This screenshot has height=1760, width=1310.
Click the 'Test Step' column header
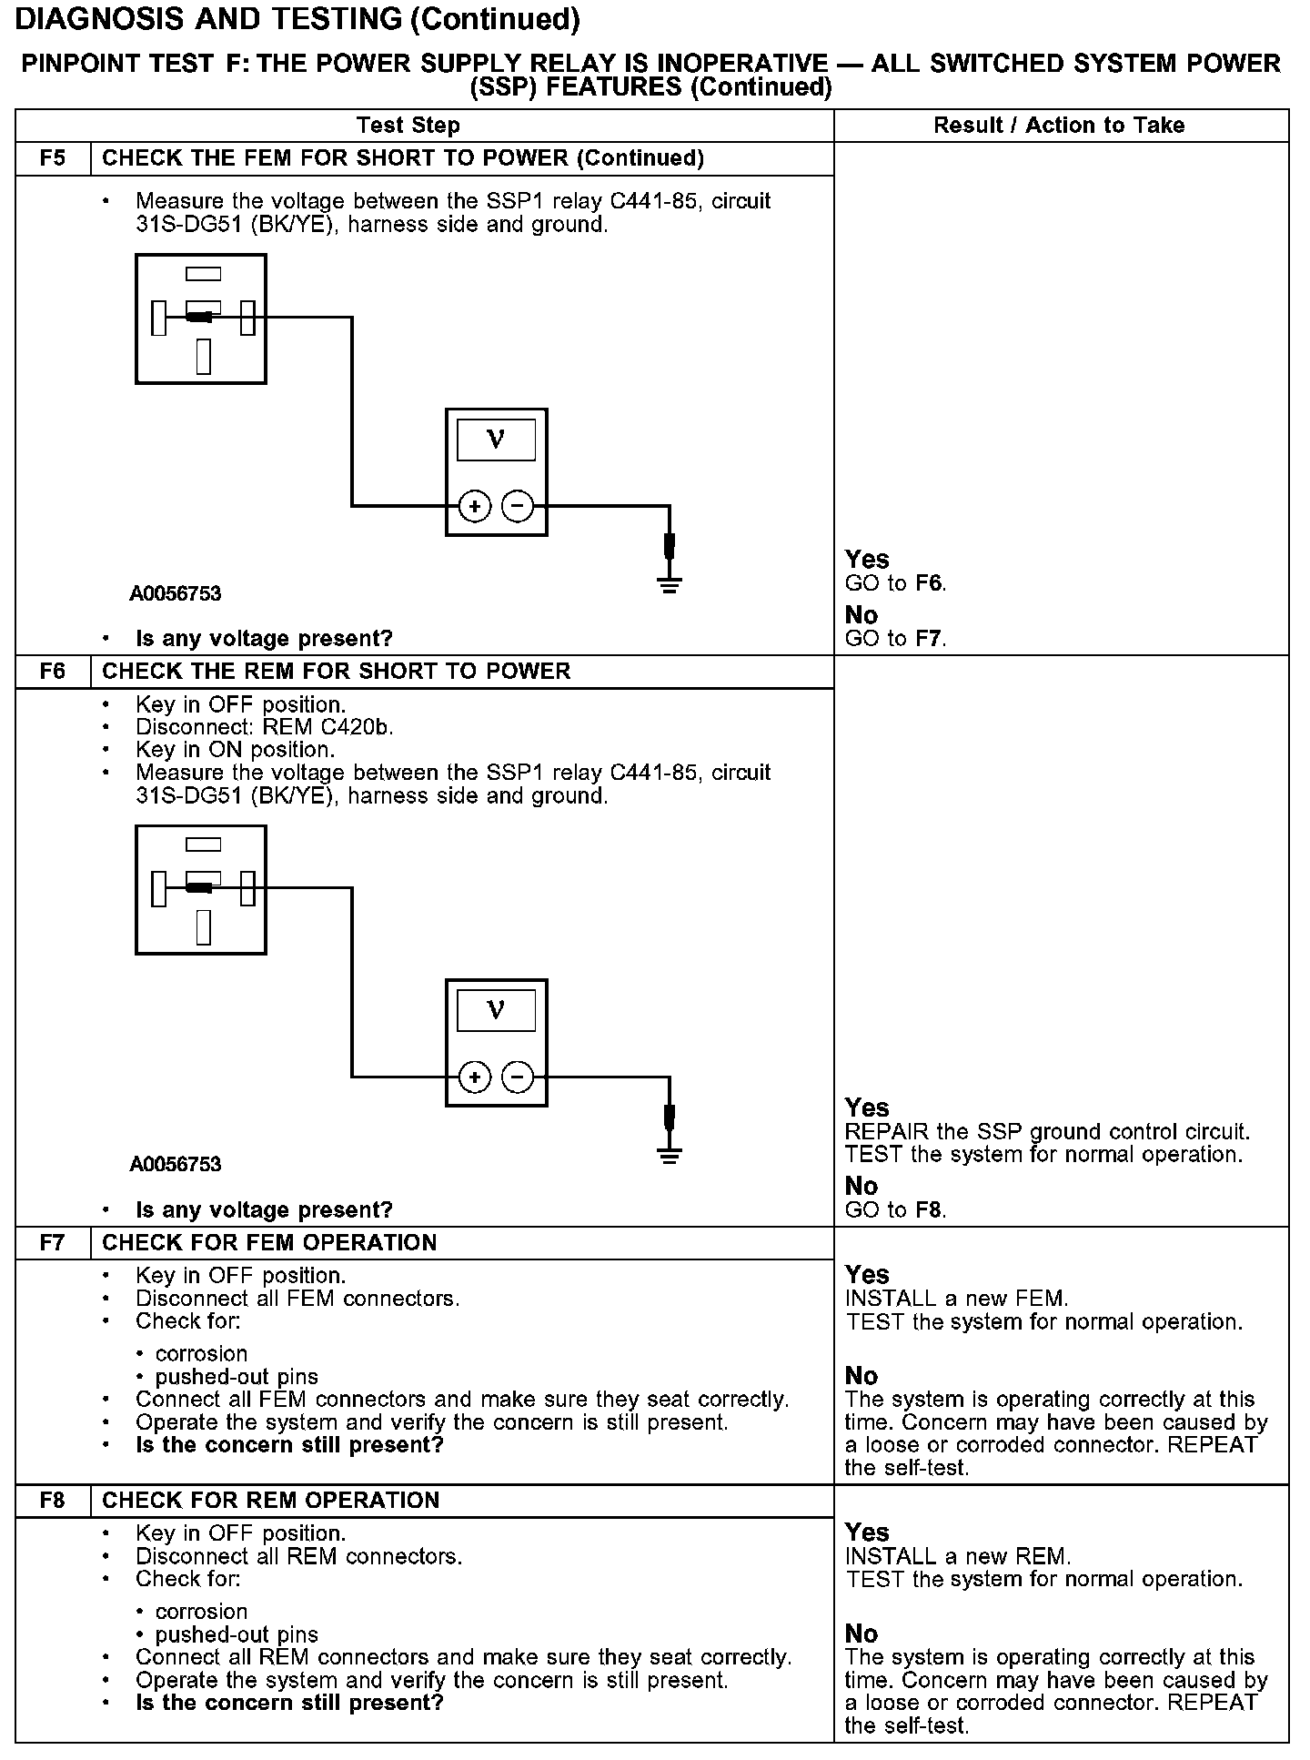pyautogui.click(x=408, y=126)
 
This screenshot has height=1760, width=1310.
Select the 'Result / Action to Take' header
pyautogui.click(x=1059, y=126)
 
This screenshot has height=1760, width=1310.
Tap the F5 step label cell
pyautogui.click(x=54, y=158)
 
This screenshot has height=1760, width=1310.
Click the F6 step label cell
pyautogui.click(x=54, y=672)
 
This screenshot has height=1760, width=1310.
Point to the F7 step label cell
pyautogui.click(x=54, y=1243)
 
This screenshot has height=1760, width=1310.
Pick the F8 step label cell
pyautogui.click(x=54, y=1501)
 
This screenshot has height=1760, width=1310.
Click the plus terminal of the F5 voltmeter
pyautogui.click(x=474, y=506)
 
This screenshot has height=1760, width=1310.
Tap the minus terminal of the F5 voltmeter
pyautogui.click(x=518, y=506)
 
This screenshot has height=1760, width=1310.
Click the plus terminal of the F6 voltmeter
pyautogui.click(x=474, y=1077)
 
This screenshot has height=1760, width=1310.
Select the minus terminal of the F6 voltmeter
pyautogui.click(x=518, y=1077)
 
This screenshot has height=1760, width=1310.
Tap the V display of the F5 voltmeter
pyautogui.click(x=496, y=440)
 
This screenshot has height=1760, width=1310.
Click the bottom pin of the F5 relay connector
pyautogui.click(x=203, y=356)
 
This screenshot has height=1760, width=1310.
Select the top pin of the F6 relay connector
pyautogui.click(x=203, y=845)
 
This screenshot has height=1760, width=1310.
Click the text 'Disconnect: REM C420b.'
pyautogui.click(x=265, y=727)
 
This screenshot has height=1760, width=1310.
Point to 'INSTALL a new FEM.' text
pyautogui.click(x=957, y=1299)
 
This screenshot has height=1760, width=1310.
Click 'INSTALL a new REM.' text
pyautogui.click(x=958, y=1556)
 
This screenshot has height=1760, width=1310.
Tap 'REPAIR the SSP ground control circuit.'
pyautogui.click(x=1047, y=1132)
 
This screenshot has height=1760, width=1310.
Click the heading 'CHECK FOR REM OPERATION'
pyautogui.click(x=270, y=1501)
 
